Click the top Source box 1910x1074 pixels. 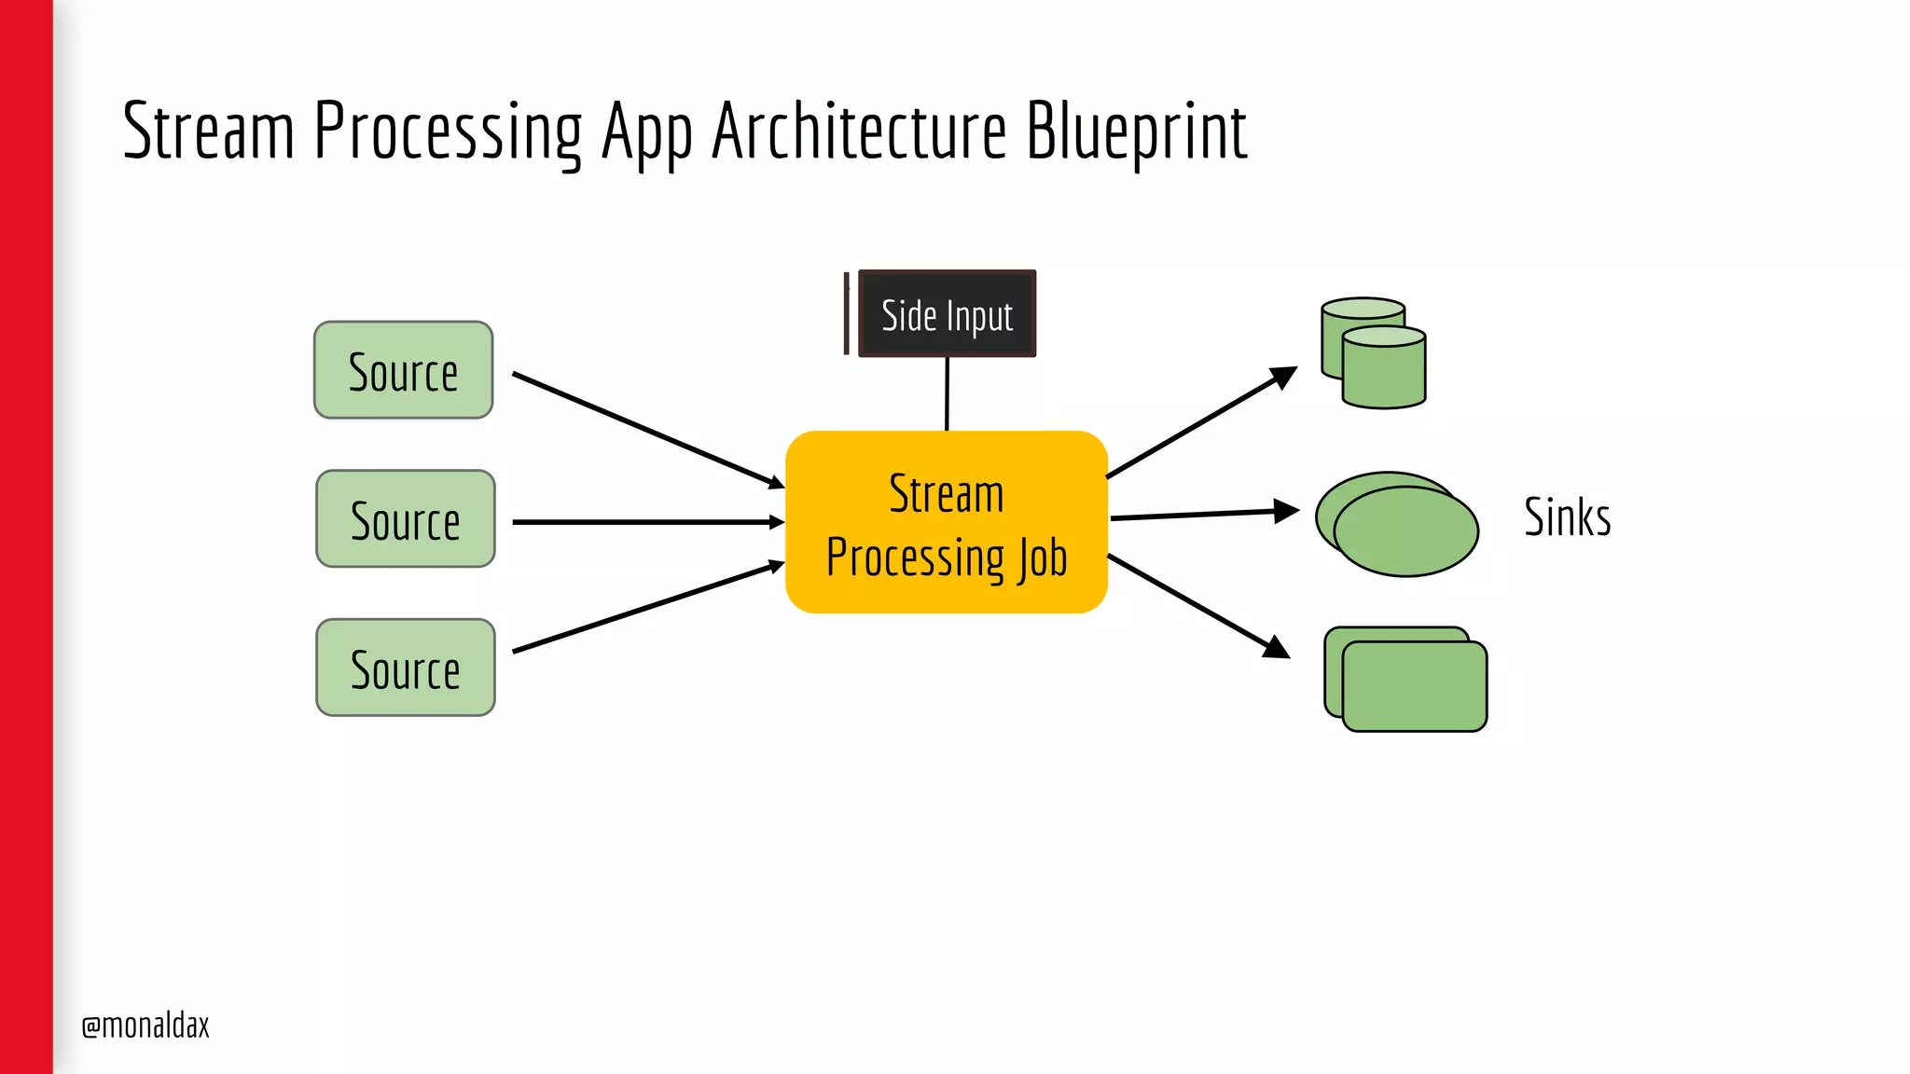403,370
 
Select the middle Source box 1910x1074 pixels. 405,519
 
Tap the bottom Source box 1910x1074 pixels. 405,668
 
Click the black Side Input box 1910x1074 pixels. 947,314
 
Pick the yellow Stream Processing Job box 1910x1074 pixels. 946,522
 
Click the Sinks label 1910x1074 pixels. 1567,516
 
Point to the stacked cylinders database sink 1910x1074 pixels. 1374,354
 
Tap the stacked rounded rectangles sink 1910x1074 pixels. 1406,680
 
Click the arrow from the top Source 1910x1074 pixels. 648,430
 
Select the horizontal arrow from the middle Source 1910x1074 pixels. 648,522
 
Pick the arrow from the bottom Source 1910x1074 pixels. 648,608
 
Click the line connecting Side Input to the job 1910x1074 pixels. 947,393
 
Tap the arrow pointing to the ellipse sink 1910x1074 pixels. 1203,514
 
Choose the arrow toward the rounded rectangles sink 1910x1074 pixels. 1198,606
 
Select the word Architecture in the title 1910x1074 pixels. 859,131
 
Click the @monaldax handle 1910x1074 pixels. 145,1026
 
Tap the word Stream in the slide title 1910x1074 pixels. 209,131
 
